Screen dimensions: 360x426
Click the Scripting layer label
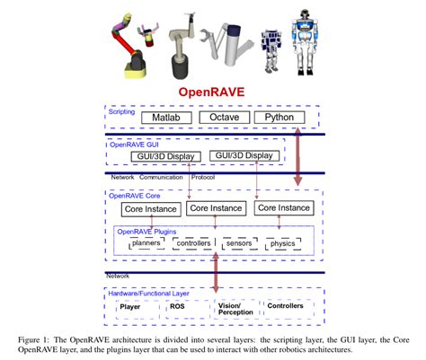124,112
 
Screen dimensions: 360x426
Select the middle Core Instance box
216,208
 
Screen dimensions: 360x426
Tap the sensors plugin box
238,242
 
